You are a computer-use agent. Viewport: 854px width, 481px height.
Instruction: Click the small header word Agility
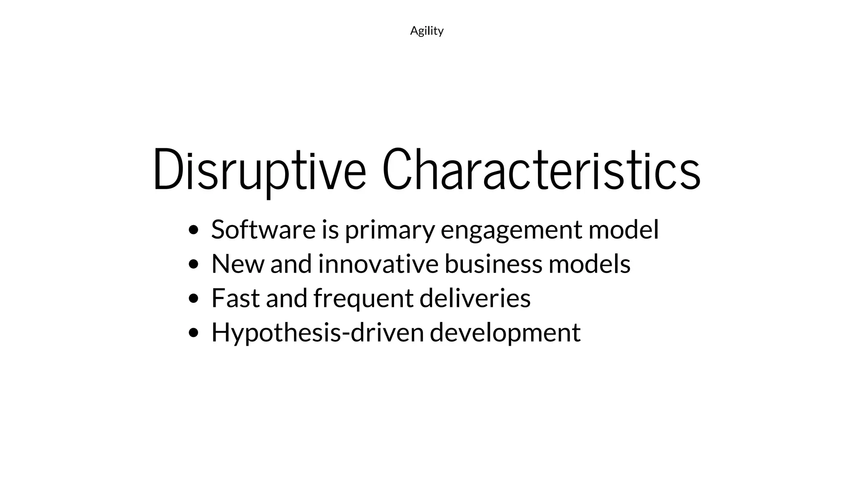point(427,31)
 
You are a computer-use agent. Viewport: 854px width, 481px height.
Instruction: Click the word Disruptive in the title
point(259,170)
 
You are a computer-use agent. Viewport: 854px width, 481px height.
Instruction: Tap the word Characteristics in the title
point(541,170)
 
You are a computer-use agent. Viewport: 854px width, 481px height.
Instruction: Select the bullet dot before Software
point(193,230)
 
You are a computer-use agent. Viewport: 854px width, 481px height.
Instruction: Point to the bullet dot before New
point(193,264)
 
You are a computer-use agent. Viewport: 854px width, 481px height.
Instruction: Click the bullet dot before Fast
point(193,299)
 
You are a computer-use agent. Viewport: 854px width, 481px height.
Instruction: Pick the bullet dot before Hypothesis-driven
point(193,333)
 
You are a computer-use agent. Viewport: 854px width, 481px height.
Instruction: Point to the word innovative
point(378,264)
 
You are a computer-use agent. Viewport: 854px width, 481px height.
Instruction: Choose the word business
point(493,264)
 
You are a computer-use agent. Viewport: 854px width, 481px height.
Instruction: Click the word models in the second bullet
point(589,264)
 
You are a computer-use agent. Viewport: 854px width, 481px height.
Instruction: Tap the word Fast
point(236,298)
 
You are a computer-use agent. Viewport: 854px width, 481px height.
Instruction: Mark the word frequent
point(363,299)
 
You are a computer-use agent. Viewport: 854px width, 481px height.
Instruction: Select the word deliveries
point(475,298)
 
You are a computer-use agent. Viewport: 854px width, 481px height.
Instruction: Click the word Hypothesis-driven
point(317,333)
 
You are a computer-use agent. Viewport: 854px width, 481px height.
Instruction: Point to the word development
point(505,333)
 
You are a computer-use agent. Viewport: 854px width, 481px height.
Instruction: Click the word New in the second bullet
point(238,264)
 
